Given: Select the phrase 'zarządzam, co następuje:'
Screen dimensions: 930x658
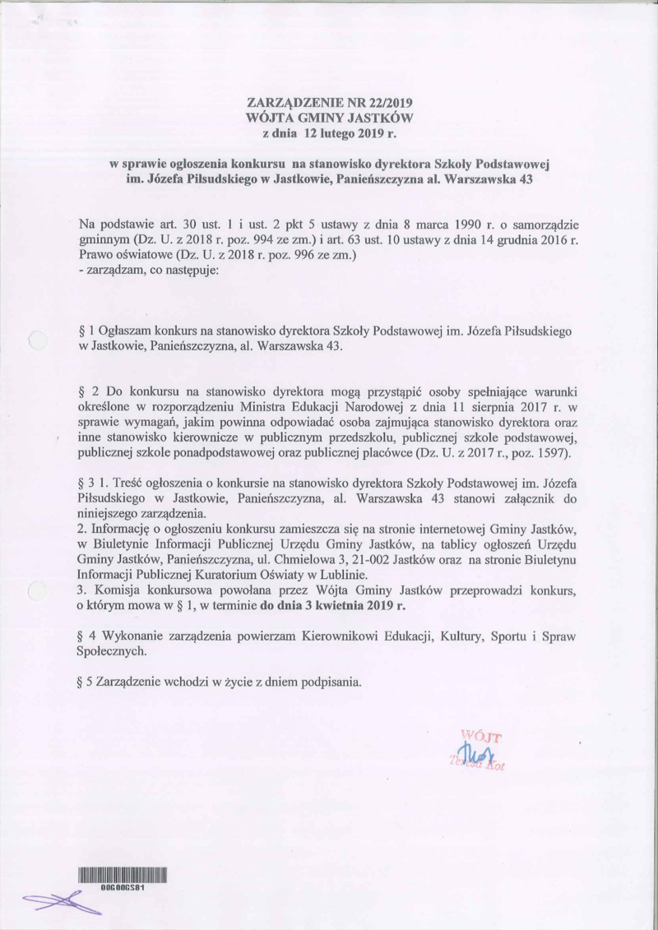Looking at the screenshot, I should pos(137,271).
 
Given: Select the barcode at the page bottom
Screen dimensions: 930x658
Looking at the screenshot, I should pos(123,874).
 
